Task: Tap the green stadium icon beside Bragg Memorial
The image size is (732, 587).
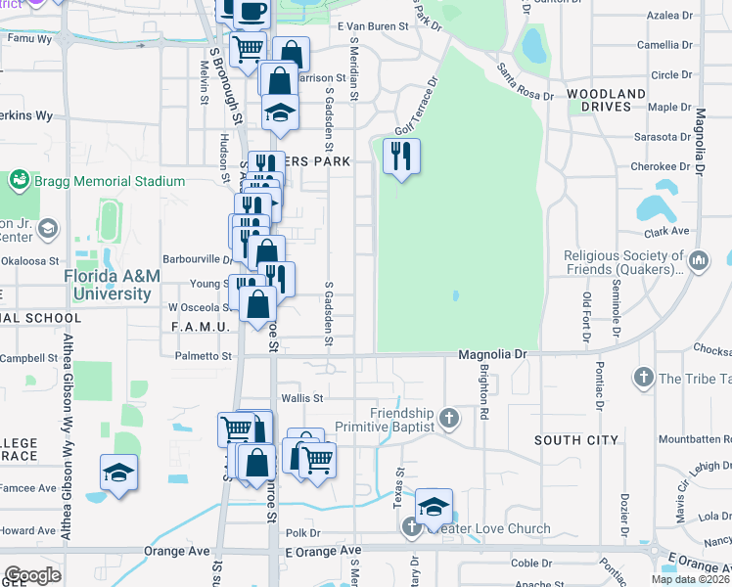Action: [19, 181]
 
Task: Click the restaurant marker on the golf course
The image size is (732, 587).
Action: [400, 156]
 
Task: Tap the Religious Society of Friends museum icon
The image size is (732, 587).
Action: [699, 261]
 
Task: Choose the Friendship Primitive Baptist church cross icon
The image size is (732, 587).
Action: [449, 420]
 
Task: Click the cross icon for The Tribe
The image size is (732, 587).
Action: [643, 378]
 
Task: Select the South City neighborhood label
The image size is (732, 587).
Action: [576, 441]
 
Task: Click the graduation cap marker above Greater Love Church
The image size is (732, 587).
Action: [434, 507]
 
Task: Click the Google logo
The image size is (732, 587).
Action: [32, 575]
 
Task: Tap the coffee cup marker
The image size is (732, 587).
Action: [252, 11]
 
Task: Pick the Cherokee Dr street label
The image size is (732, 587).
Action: [656, 166]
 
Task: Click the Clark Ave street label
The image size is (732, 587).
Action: [667, 232]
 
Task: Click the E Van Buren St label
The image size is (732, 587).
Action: [371, 27]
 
